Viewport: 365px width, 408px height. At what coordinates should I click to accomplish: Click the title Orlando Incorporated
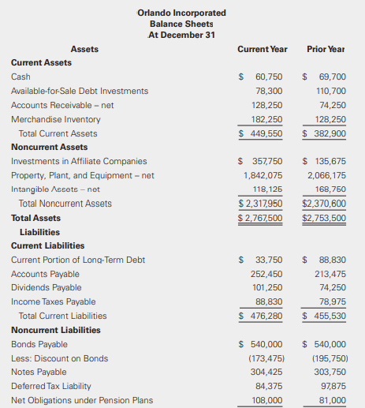(181, 13)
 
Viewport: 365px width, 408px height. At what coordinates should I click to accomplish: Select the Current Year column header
(262, 49)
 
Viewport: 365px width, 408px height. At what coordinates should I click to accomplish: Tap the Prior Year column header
(326, 49)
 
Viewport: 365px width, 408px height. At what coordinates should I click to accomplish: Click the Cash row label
(20, 77)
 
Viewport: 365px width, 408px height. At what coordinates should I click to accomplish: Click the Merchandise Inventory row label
(55, 119)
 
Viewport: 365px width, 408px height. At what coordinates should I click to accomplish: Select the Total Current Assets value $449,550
(262, 133)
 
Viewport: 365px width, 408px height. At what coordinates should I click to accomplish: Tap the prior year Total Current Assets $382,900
(325, 133)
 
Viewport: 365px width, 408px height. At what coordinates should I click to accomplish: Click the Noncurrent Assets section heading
(49, 147)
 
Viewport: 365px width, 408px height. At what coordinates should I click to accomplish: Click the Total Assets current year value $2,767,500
(261, 218)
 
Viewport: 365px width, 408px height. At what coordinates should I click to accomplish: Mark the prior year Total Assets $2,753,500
(324, 218)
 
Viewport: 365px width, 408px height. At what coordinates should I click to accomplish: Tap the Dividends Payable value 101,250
(266, 288)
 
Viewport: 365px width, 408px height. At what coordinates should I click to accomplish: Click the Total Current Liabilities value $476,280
(262, 316)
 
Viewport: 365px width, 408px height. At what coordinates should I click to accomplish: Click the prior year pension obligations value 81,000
(331, 400)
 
